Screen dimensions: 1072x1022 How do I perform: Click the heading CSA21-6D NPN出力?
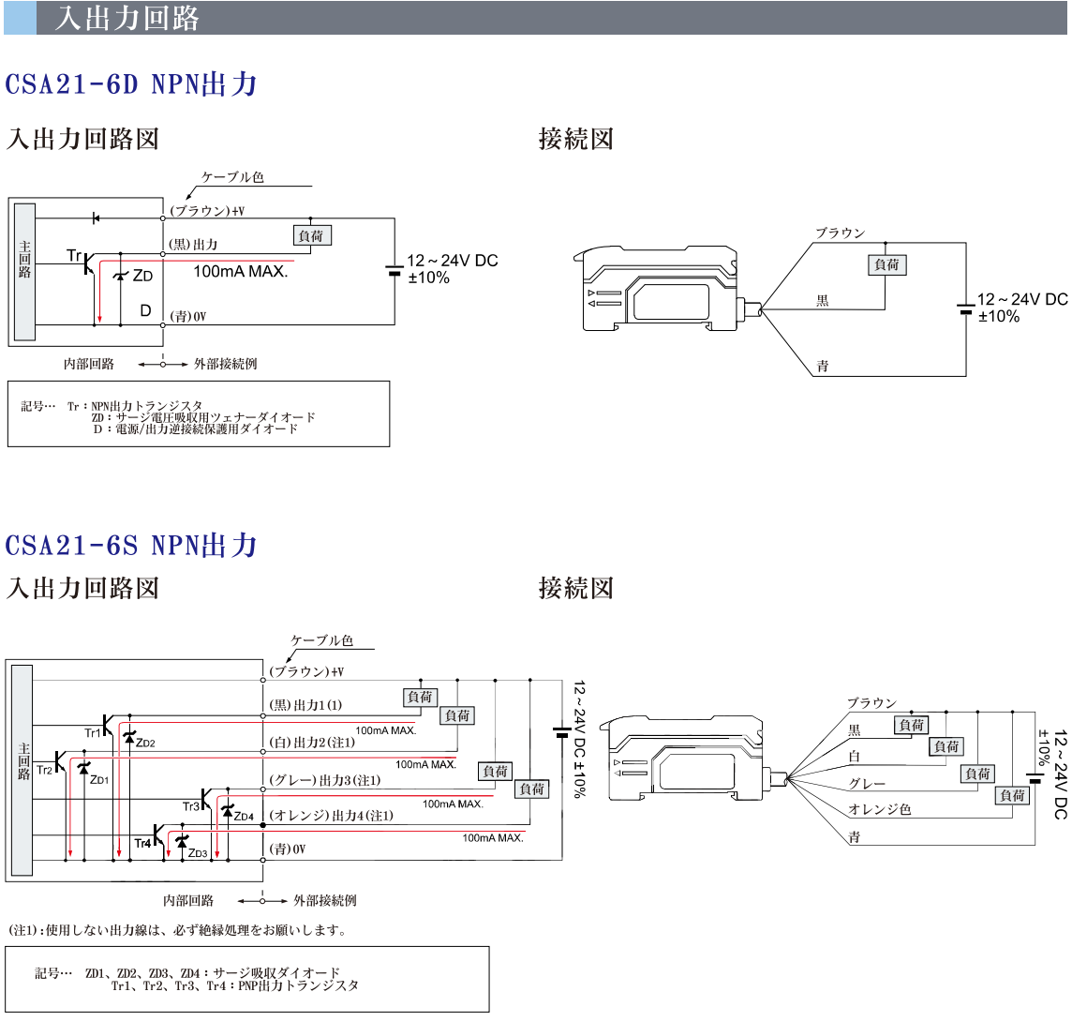click(x=130, y=84)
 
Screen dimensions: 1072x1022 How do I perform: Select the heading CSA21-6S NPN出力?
click(x=130, y=545)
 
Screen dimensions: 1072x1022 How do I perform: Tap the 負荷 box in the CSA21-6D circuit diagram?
click(x=312, y=236)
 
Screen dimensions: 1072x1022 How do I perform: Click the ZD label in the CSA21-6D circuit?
click(x=142, y=276)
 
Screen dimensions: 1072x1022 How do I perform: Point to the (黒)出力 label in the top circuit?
click(x=193, y=244)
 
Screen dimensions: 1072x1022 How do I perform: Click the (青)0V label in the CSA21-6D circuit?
click(x=188, y=316)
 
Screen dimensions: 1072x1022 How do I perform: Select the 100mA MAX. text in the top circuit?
click(x=241, y=272)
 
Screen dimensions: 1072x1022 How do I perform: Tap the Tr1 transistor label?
click(x=92, y=732)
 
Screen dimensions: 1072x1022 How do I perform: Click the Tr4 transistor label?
click(x=142, y=844)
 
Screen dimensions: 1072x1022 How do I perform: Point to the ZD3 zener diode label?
click(x=198, y=853)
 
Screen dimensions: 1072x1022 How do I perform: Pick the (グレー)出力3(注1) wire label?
click(x=325, y=780)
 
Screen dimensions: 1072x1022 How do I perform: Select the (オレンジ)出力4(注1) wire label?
click(x=332, y=816)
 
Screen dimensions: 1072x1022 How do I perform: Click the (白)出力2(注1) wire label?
click(x=312, y=743)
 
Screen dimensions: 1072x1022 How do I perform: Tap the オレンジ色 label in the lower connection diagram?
click(x=880, y=809)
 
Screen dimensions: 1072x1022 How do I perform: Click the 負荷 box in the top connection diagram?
click(x=887, y=264)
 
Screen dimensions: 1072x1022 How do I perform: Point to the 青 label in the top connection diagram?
click(x=823, y=366)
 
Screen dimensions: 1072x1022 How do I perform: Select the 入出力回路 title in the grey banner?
click(x=127, y=19)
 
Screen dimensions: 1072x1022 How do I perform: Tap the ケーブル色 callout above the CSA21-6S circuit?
click(x=322, y=640)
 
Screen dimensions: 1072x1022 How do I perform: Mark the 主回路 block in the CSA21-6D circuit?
click(x=25, y=272)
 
